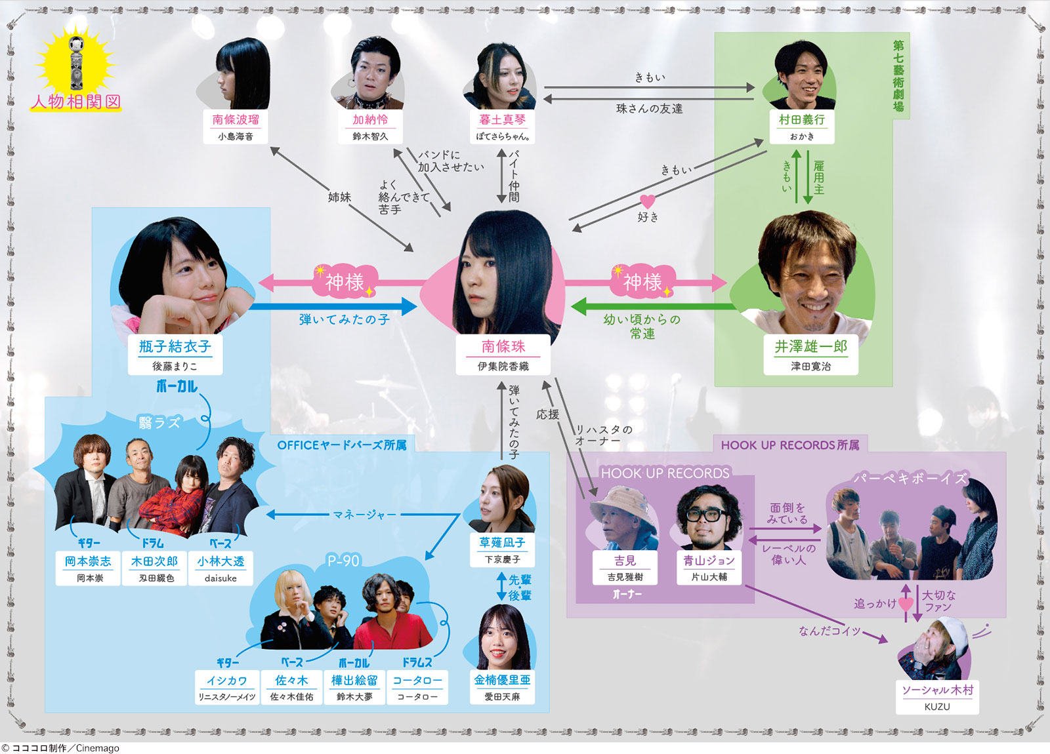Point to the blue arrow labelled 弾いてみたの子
332,307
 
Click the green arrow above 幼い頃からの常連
653,307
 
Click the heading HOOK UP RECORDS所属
790,445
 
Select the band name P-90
344,560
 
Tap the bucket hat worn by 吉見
623,502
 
